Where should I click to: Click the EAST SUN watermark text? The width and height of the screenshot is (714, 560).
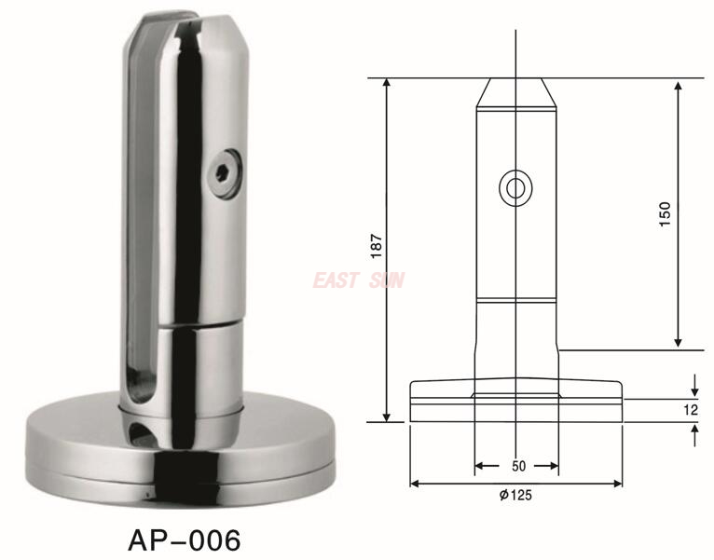[x=359, y=280]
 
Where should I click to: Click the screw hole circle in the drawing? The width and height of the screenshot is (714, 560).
[x=515, y=187]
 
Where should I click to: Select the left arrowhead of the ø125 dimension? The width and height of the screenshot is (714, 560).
[x=415, y=484]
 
